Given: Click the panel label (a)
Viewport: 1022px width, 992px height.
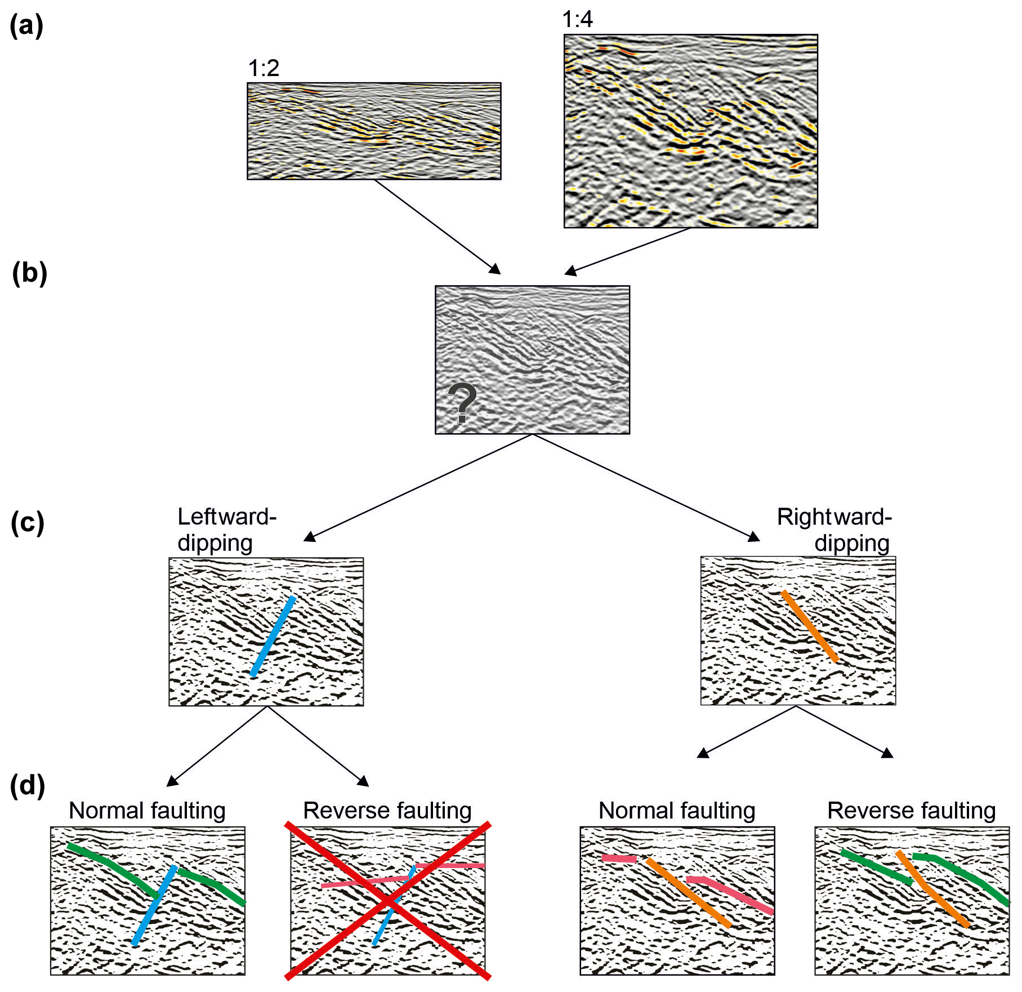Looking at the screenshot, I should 26,26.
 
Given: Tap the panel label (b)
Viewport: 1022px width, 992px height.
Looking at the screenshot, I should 29,274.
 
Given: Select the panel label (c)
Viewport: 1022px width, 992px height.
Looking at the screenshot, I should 27,523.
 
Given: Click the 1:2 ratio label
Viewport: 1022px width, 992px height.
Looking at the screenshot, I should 264,68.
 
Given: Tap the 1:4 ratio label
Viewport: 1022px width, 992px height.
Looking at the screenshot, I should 577,19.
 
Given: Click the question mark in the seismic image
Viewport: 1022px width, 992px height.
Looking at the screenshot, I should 462,402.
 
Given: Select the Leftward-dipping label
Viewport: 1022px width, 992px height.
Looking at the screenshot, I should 226,530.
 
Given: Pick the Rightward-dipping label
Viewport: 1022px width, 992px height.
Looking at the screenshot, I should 834,530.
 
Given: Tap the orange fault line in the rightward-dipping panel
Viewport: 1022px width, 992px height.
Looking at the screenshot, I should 810,626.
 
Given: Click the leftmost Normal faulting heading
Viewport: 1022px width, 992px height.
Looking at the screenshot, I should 147,811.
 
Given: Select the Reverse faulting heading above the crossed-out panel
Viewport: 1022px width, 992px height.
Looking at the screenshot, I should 387,811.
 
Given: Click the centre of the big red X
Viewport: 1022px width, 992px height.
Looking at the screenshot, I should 388,901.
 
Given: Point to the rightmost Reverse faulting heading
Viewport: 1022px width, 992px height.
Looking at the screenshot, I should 912,811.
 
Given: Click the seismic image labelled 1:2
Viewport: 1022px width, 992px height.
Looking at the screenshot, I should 374,131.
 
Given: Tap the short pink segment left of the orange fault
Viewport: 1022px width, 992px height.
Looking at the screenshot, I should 619,858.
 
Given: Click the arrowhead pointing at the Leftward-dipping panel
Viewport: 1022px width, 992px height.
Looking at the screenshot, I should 309,536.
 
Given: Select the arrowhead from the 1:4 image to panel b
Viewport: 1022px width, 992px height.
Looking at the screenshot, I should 570,272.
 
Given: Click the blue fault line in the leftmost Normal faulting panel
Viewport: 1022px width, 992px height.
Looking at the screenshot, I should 154,905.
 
